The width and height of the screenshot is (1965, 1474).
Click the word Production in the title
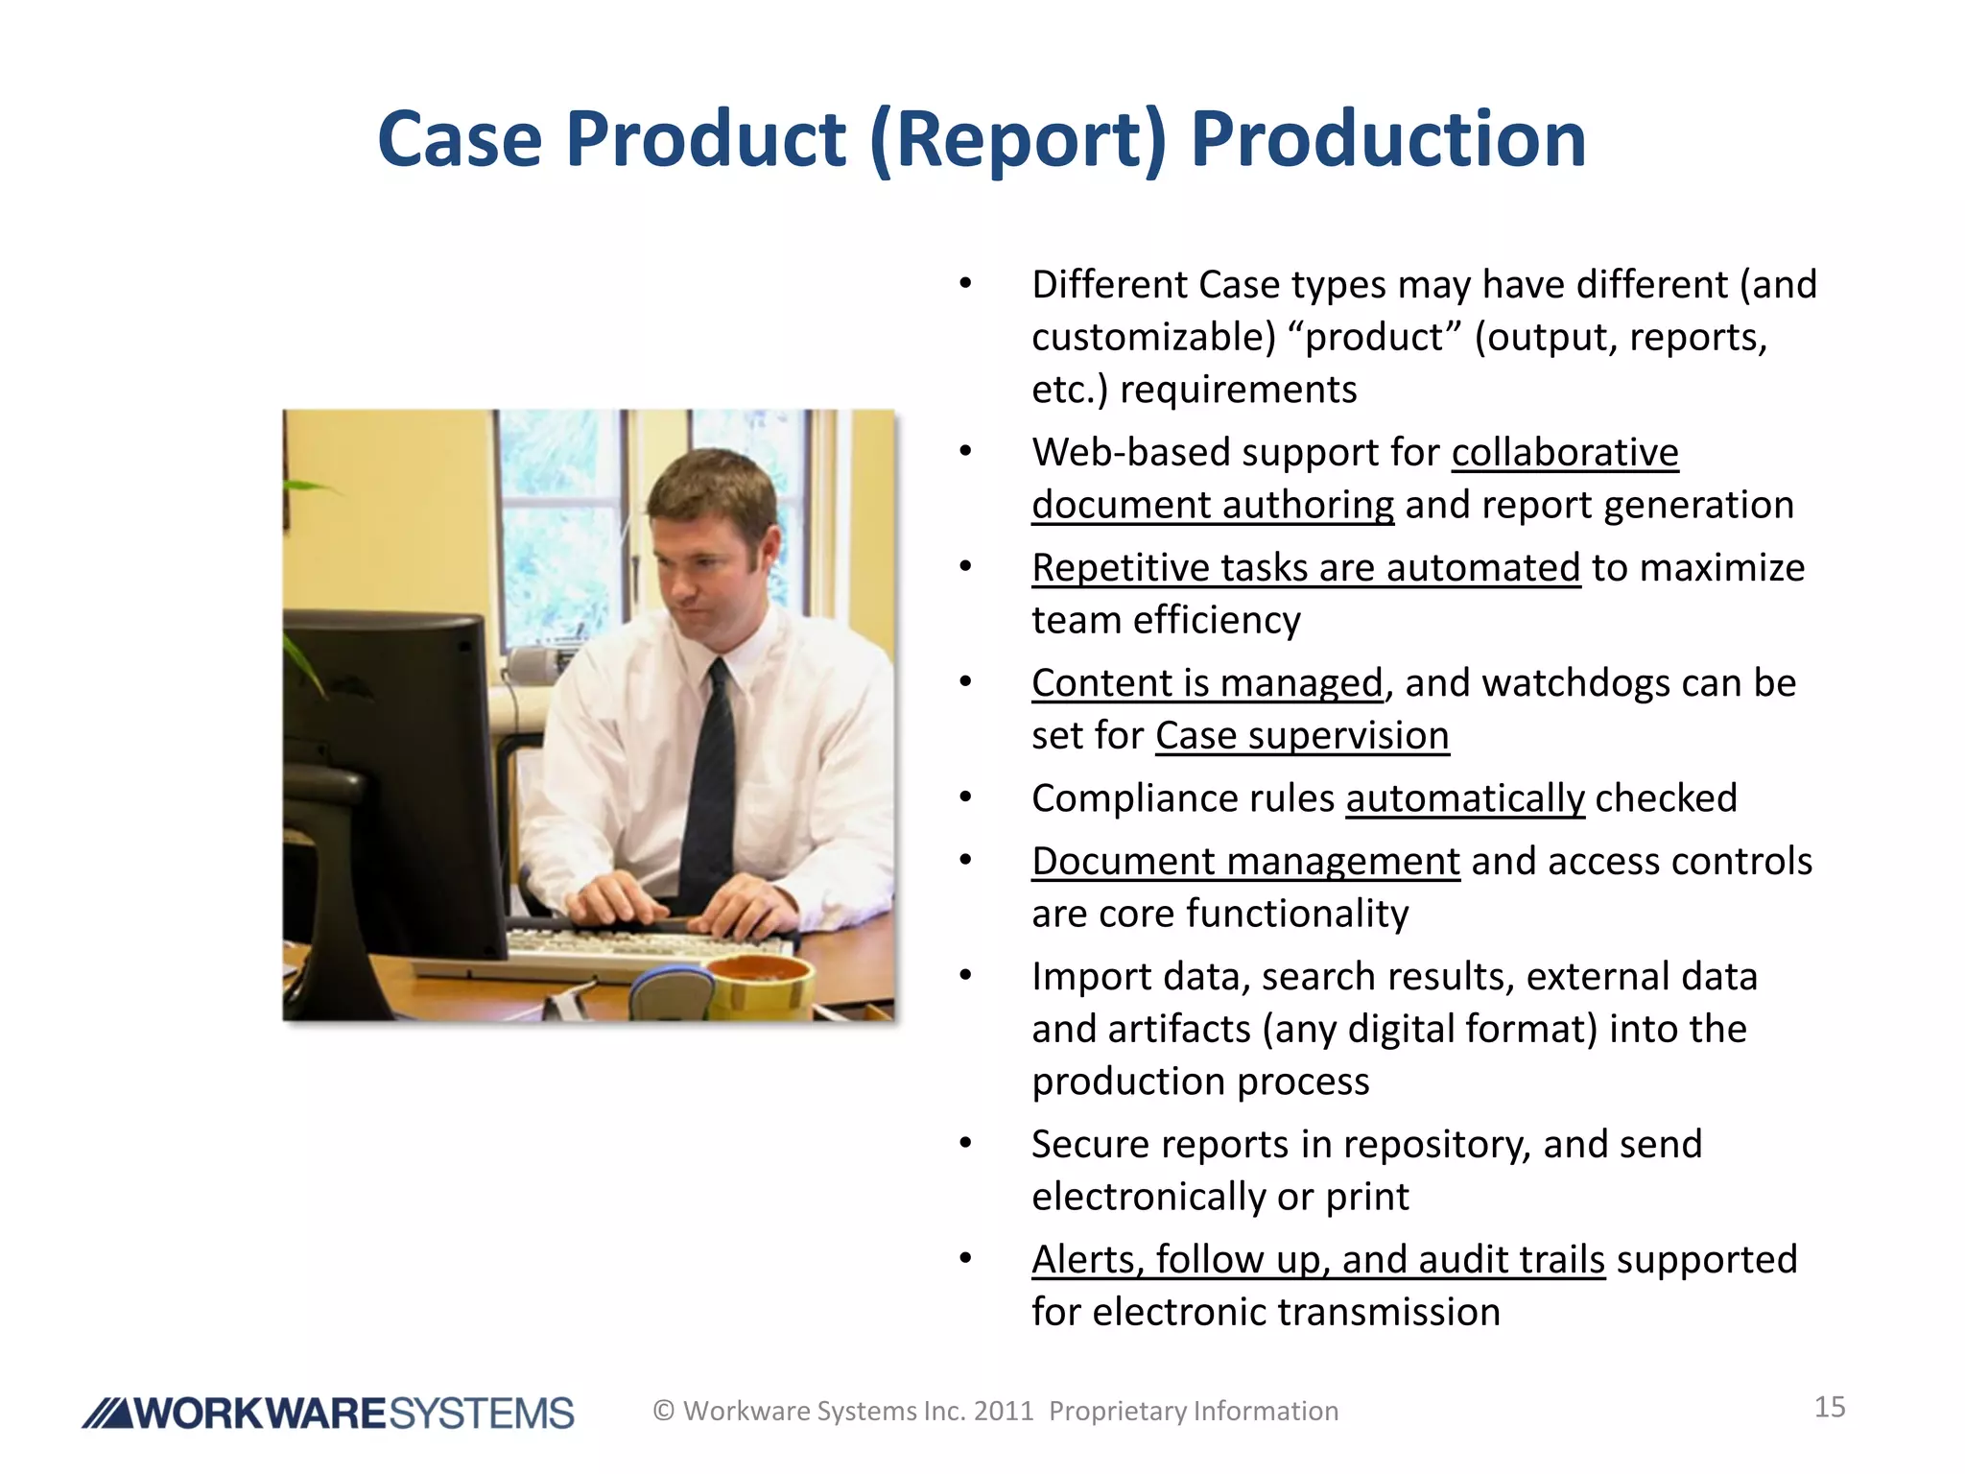coord(1387,139)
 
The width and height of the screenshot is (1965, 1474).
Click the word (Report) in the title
coord(1017,139)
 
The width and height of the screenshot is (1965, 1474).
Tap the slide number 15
coord(1829,1407)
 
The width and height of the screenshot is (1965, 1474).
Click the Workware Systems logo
coord(328,1413)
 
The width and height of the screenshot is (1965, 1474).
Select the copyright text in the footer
coord(995,1411)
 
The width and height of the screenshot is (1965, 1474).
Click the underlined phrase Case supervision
coord(1301,736)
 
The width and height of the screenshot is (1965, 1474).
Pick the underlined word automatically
coord(1464,798)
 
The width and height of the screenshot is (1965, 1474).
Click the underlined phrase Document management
coord(1244,861)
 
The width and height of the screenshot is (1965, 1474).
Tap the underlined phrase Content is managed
coord(1207,683)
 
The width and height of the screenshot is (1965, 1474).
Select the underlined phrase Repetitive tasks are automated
coord(1305,568)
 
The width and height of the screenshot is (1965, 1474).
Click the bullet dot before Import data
coord(965,976)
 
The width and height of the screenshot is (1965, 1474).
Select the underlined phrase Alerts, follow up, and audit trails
coord(1317,1260)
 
